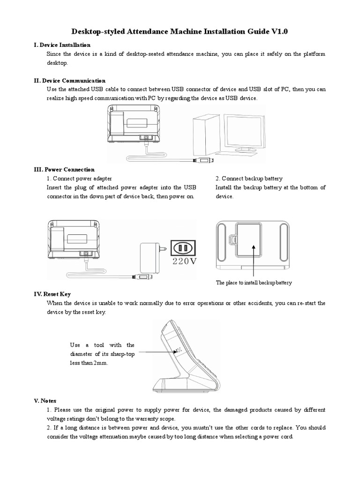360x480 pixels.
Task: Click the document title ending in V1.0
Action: [180, 32]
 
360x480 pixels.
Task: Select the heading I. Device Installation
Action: [62, 45]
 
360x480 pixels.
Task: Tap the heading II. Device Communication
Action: [70, 81]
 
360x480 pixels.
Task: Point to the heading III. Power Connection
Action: [64, 170]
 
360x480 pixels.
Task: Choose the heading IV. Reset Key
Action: [52, 294]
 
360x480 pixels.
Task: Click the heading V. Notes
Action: [45, 401]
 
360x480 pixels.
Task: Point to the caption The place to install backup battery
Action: [254, 283]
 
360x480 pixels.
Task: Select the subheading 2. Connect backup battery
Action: [249, 179]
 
